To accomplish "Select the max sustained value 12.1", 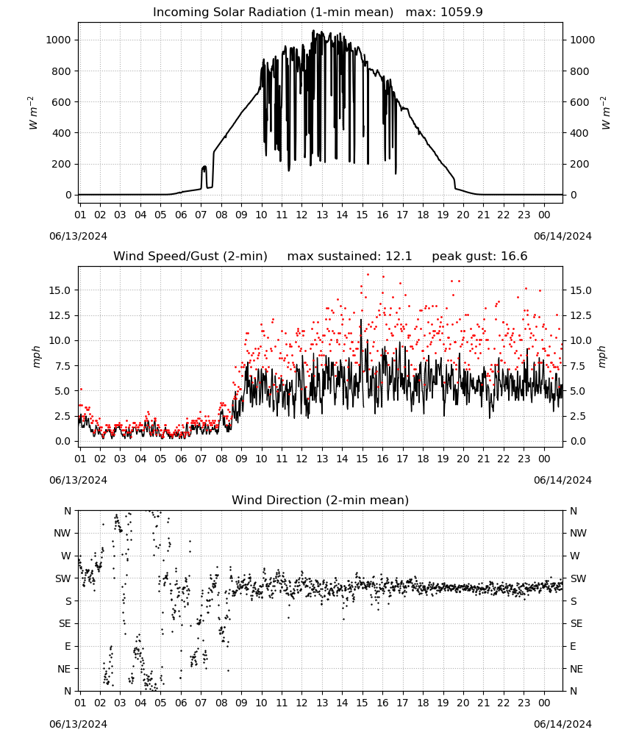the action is pos(399,257).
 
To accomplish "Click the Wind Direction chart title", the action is pos(321,500).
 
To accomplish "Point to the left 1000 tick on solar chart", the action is pos(58,40).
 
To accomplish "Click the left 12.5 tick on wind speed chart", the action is pos(60,315).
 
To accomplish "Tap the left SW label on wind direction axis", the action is pos(63,578).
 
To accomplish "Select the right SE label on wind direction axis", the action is pos(576,623).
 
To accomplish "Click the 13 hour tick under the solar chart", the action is pos(322,215).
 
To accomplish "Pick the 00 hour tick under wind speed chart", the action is pos(544,459).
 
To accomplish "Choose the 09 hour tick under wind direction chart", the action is pos(241,703).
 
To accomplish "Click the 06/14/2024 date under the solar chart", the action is pos(562,236).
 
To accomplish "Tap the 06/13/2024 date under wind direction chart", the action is pos(78,724).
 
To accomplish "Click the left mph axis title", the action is pos(37,356).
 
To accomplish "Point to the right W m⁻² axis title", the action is pos(605,113).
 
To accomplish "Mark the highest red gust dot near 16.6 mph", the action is pos(368,275).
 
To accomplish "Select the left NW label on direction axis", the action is pos(63,533).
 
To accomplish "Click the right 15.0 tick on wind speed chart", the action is pos(581,290).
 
